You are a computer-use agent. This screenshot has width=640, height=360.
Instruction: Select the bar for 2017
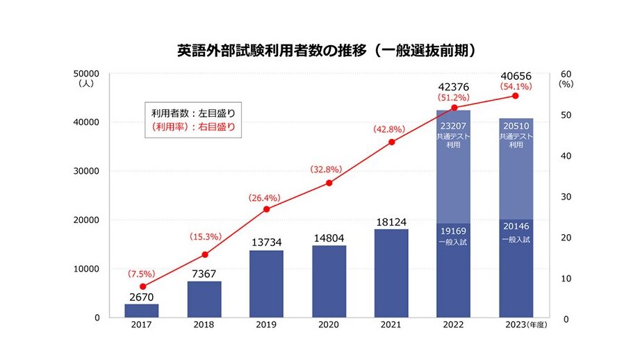(141, 311)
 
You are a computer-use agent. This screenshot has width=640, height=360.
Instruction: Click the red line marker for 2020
(329, 183)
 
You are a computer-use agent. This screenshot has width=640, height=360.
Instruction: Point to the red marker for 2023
(515, 95)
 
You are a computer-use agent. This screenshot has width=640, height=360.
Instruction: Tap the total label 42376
(453, 87)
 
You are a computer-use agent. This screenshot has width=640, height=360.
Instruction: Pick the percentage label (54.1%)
(516, 87)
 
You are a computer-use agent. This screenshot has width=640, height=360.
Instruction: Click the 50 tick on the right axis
(564, 115)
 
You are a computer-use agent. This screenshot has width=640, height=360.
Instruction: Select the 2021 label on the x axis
(391, 325)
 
